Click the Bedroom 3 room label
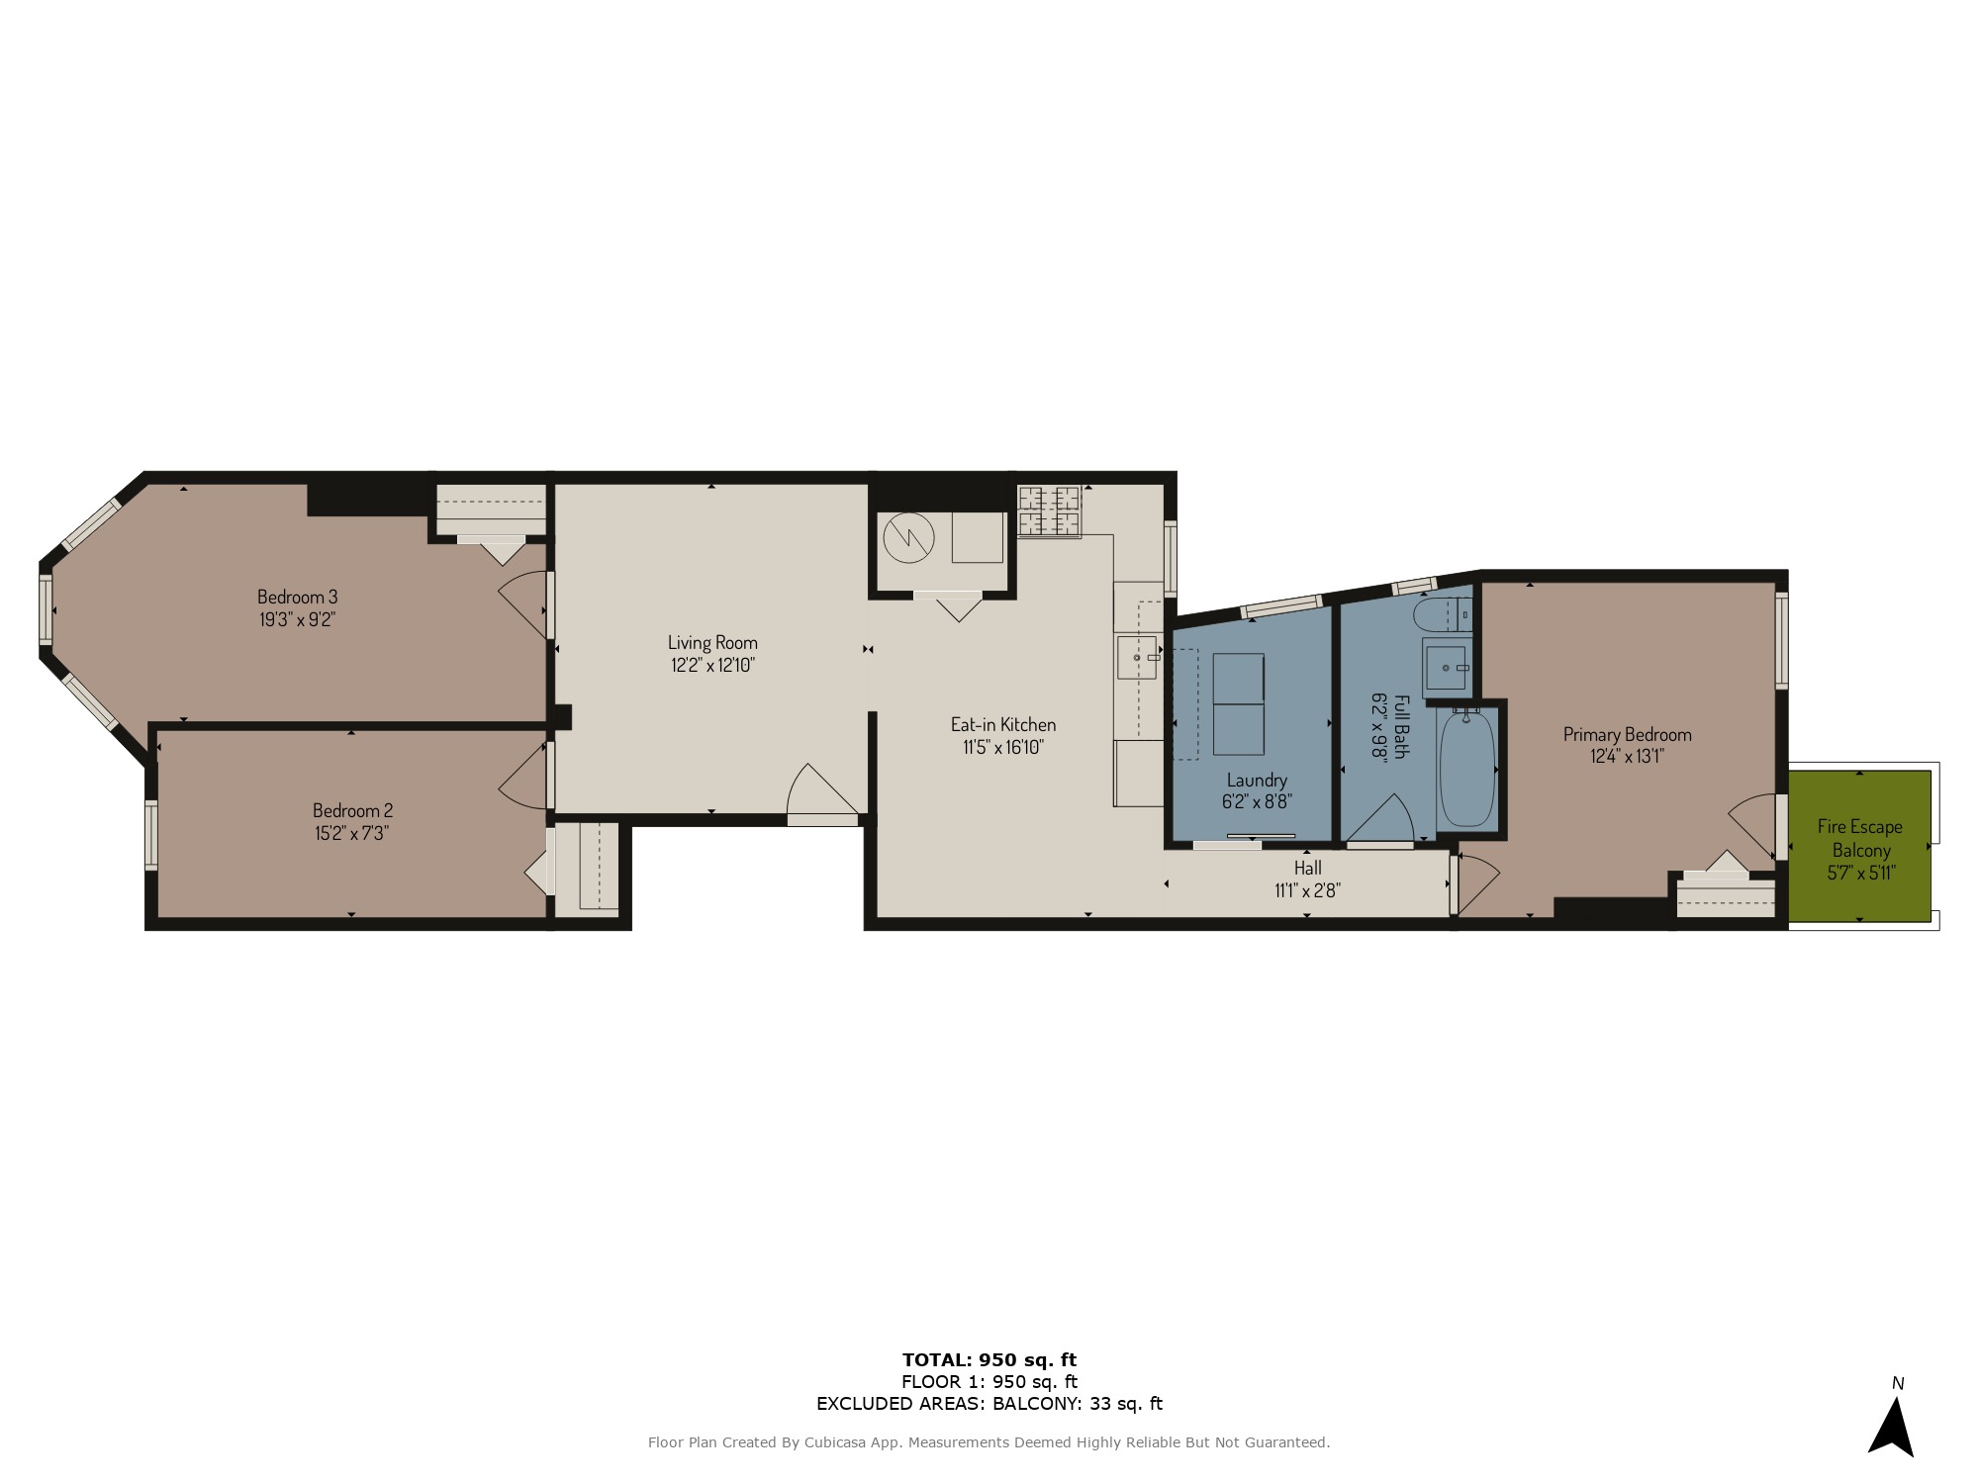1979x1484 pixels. coord(297,597)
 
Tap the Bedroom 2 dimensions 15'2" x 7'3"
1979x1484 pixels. coord(351,833)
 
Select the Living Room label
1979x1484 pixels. coord(712,643)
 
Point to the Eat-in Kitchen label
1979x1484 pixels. coord(1003,725)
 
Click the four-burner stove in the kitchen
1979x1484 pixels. coord(1049,510)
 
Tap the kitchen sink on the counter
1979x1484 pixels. coord(1137,658)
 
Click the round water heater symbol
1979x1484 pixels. coord(908,538)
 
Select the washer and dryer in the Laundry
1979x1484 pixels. coord(1239,704)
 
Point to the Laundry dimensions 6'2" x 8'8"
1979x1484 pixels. coord(1257,802)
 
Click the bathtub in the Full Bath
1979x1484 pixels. coord(1466,768)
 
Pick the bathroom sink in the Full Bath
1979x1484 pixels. coord(1447,668)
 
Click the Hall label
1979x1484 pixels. coord(1307,868)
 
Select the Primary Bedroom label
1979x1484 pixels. coord(1627,734)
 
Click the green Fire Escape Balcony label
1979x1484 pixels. coord(1860,838)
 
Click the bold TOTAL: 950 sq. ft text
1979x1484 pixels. coord(989,1359)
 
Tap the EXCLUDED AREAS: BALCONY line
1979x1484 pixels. coord(989,1403)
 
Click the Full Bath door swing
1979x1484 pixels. coord(1380,818)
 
